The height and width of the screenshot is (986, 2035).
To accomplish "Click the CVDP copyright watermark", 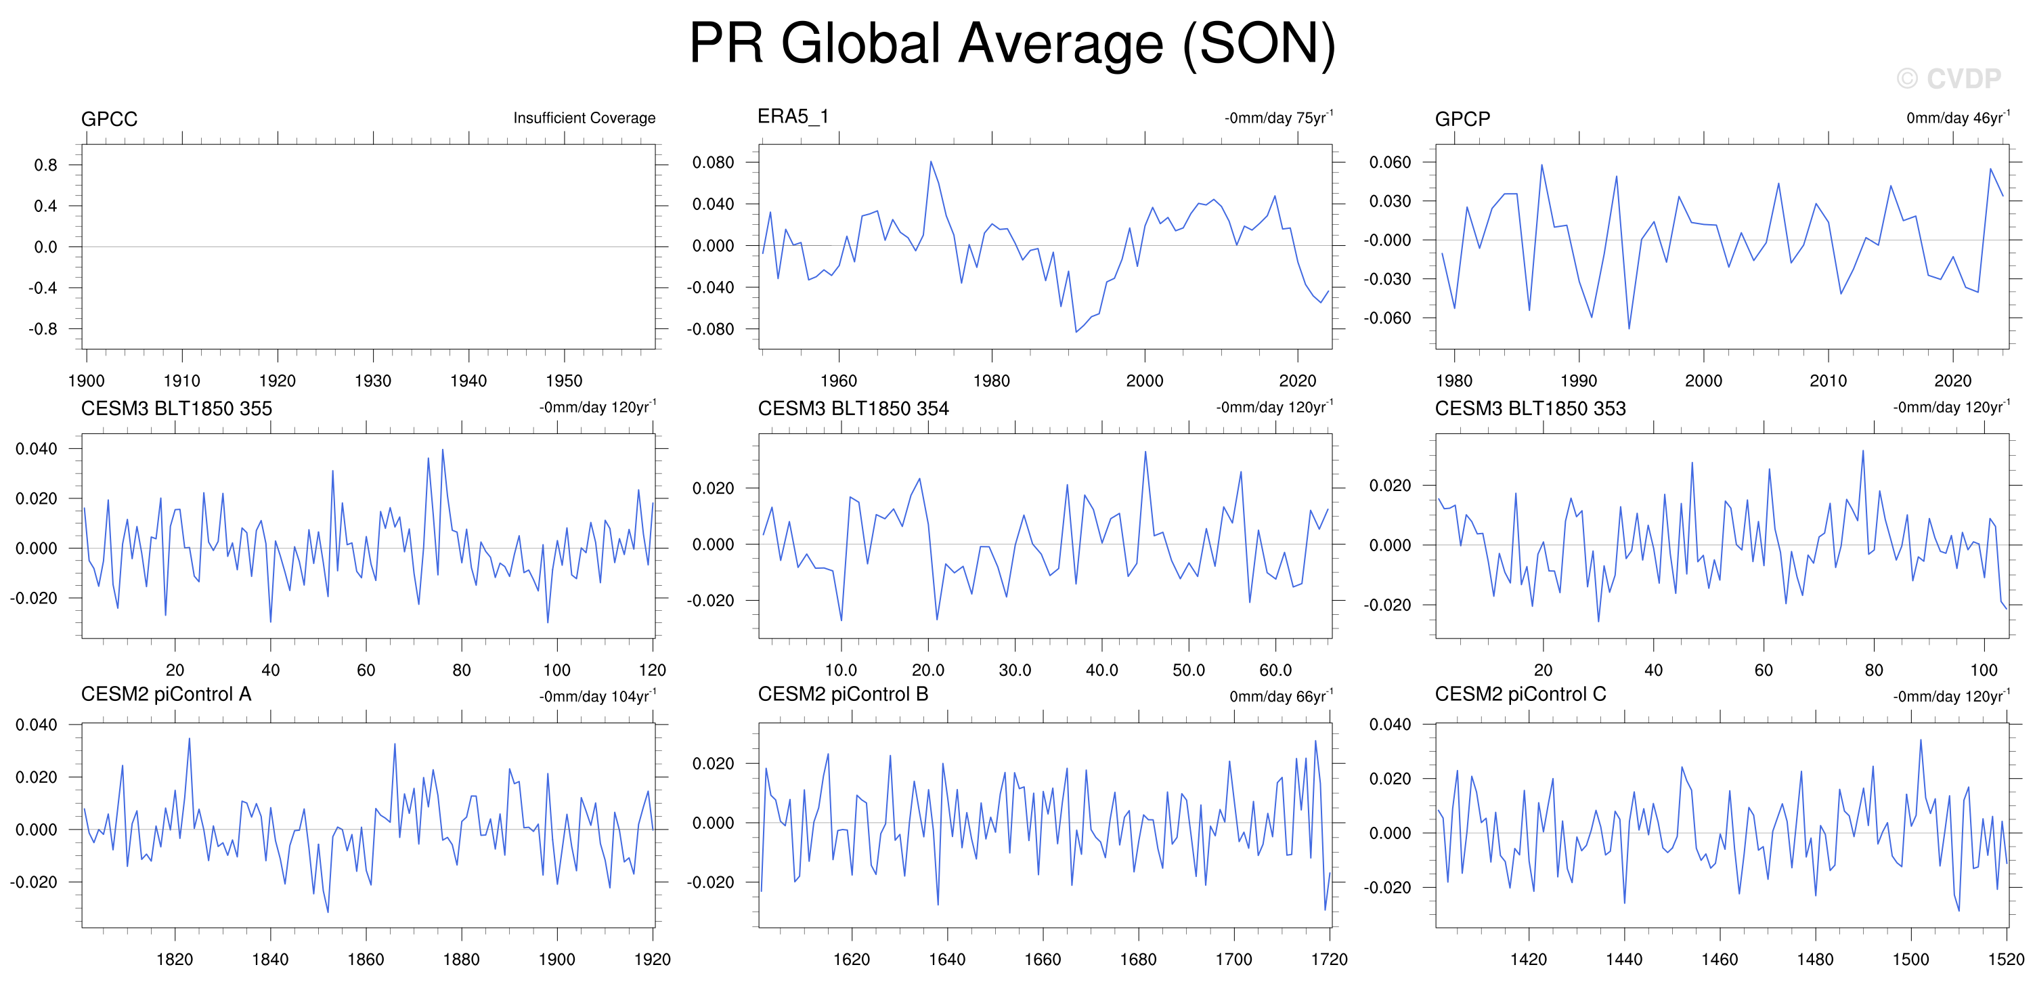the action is coord(1948,79).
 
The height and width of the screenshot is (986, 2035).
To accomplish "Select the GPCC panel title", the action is coord(109,119).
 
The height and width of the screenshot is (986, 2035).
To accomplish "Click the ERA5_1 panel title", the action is coord(793,117).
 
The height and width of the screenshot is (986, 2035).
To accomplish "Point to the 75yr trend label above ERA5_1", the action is coord(1278,117).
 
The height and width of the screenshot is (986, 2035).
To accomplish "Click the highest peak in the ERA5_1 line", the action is coord(931,161).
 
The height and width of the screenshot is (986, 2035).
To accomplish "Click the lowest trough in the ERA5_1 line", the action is coord(1076,332).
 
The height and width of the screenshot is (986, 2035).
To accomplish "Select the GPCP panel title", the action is coord(1462,119).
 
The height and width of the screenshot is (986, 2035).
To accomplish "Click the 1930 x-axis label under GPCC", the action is coord(373,381).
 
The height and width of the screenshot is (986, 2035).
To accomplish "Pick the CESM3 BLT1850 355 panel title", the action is coord(176,408).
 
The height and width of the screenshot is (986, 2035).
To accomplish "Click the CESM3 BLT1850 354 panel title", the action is coord(853,408).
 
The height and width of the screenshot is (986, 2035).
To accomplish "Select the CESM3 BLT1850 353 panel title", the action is coord(1530,408).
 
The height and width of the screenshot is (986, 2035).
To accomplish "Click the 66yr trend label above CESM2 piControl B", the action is coord(1281,696).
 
